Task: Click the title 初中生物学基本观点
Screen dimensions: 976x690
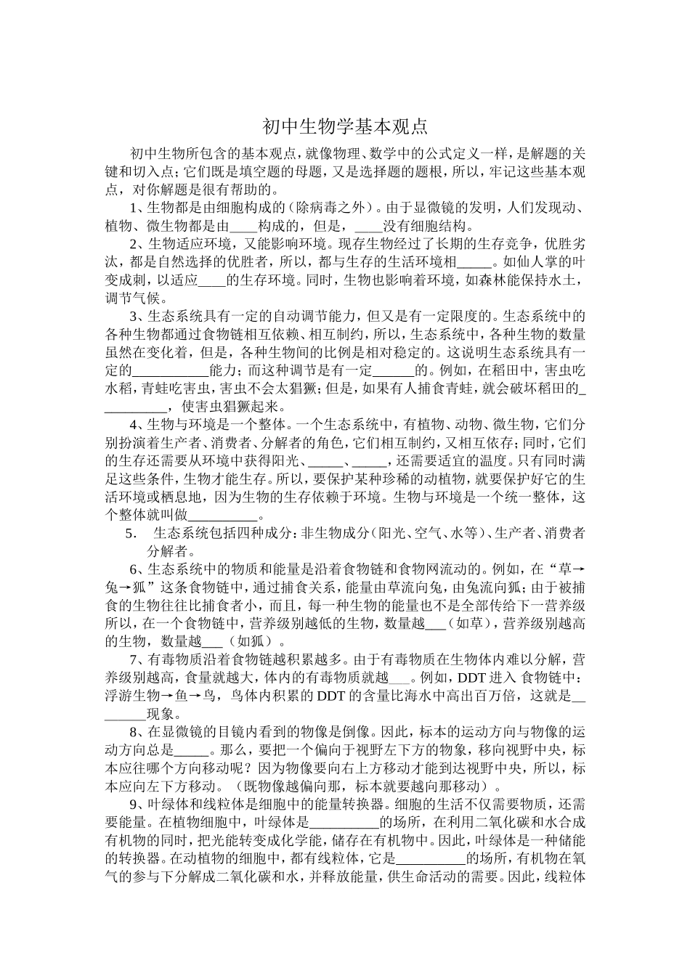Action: point(345,126)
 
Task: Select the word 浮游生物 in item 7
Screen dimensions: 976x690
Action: point(129,694)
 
